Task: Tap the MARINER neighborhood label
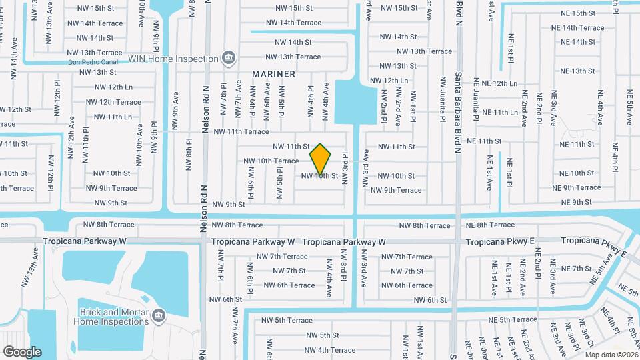pos(273,73)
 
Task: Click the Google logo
pos(22,351)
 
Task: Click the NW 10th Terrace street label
pos(271,161)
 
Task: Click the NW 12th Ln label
pos(113,87)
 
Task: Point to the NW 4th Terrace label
pos(327,350)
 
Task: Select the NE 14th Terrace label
pos(577,28)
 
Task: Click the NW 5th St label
pos(320,335)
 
